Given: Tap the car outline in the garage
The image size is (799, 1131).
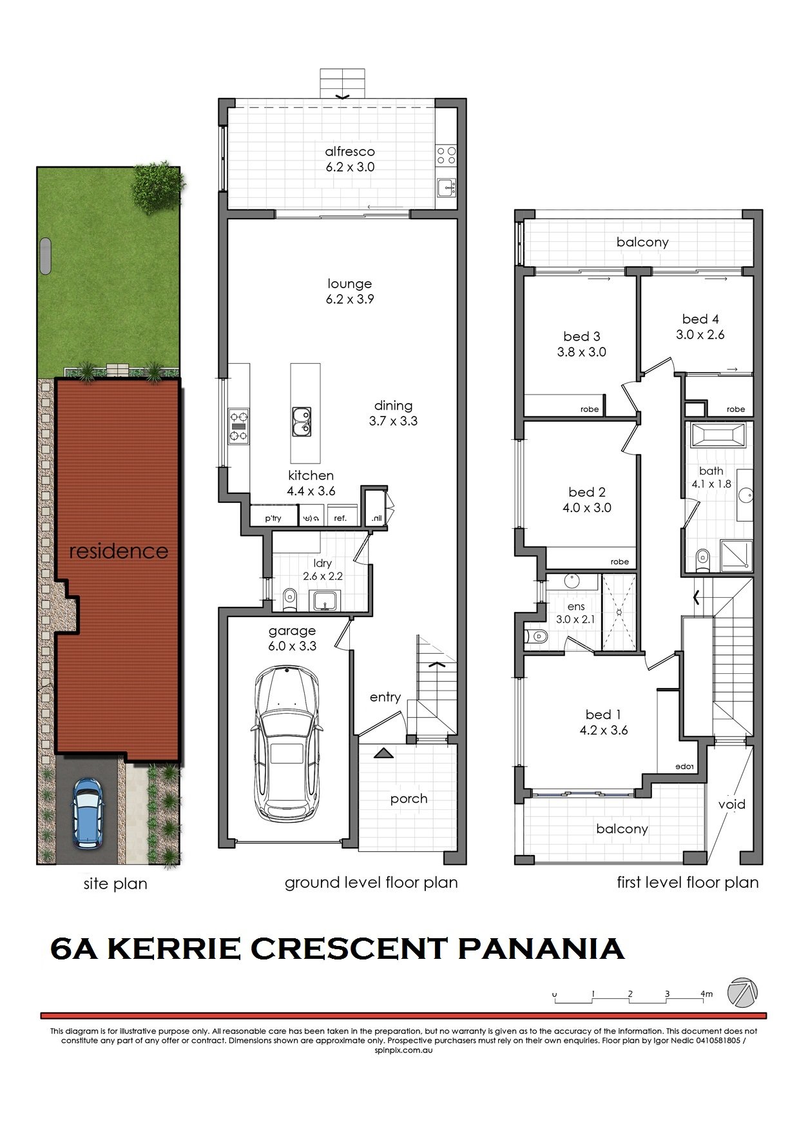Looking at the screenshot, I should [285, 743].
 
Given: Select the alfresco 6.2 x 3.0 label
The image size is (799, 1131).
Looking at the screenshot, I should [349, 159].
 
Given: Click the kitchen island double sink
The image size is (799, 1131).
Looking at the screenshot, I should [300, 422].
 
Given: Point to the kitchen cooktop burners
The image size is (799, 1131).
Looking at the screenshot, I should [238, 426].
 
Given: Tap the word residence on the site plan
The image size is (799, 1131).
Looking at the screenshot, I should [119, 551].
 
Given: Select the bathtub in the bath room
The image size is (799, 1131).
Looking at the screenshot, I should [717, 435].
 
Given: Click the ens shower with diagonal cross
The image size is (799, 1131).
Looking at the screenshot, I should [618, 612].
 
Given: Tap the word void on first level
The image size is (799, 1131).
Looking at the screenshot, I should [731, 804].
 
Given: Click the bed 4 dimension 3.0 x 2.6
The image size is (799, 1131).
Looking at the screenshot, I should [700, 335].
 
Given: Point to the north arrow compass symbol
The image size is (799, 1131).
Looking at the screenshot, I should [742, 992].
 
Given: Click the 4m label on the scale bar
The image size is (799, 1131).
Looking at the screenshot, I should [707, 994].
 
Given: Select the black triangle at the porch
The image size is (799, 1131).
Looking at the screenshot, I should [383, 752].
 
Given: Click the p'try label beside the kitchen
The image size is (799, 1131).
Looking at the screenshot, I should [273, 518].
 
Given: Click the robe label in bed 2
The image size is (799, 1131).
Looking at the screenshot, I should [619, 562].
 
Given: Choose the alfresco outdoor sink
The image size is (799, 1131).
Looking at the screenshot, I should [446, 188].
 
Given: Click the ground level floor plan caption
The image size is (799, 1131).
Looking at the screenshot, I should [371, 882].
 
